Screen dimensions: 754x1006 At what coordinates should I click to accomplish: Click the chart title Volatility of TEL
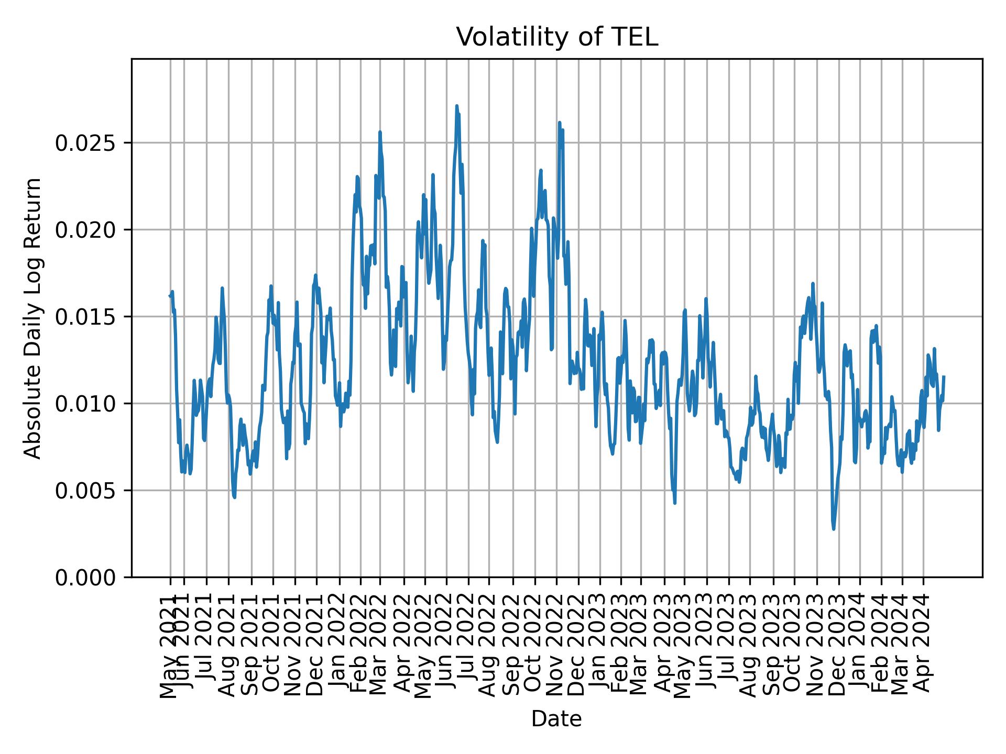coord(556,38)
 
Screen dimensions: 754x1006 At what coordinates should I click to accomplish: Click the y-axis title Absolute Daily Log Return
coord(34,318)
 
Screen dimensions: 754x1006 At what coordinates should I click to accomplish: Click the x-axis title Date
coord(556,719)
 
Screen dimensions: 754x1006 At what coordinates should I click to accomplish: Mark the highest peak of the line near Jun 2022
coord(456,106)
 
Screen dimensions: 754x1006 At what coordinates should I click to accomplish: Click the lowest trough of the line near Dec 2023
coord(834,529)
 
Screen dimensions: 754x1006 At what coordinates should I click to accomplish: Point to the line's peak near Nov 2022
coord(560,123)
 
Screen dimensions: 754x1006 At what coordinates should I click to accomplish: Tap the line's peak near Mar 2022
coord(380,132)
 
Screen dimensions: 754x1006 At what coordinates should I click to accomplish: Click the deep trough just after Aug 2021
coord(234,497)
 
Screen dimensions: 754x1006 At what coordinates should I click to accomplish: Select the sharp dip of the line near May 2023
coord(675,503)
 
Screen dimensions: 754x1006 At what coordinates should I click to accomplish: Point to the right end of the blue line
coord(944,376)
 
